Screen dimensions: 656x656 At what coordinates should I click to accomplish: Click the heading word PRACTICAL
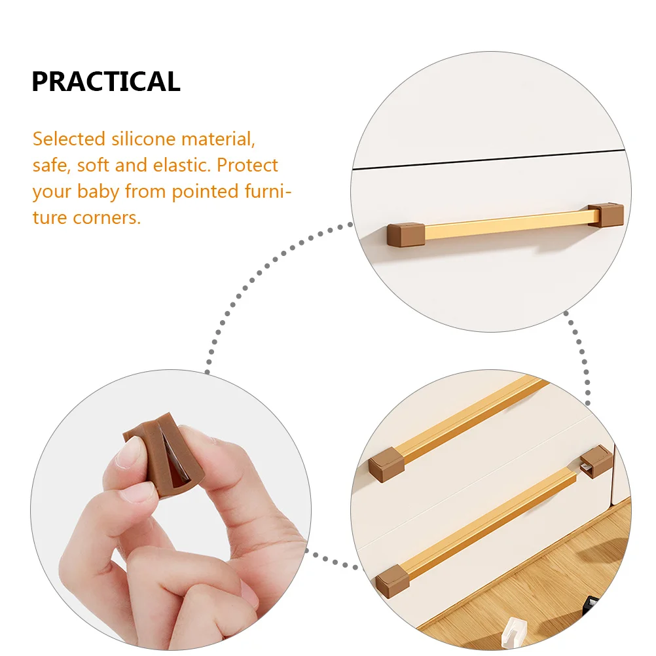105,81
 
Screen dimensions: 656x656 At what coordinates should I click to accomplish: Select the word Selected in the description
69,139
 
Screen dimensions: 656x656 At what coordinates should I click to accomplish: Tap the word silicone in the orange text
143,139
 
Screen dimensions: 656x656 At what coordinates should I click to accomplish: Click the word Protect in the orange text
247,165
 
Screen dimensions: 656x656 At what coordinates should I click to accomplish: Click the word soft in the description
94,165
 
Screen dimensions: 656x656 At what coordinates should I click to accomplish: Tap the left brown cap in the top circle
405,234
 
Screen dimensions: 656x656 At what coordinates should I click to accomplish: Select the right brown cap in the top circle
605,215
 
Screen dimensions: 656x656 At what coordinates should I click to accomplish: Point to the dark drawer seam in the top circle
491,161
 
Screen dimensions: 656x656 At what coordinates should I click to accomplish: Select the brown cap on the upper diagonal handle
384,464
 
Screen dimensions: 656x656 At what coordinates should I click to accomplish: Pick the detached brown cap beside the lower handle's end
596,462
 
